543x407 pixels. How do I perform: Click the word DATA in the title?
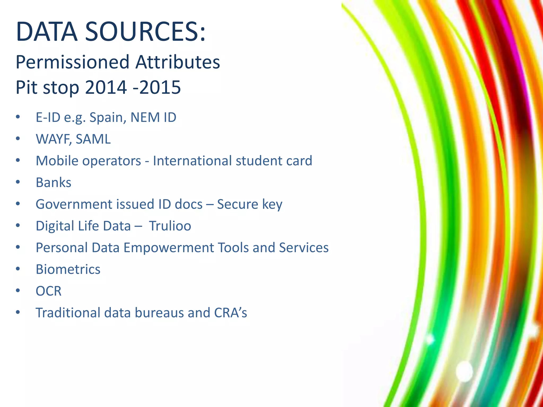(47, 32)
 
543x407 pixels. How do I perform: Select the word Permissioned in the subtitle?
(72, 63)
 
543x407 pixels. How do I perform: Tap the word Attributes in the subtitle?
(178, 62)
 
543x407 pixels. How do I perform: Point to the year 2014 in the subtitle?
(106, 87)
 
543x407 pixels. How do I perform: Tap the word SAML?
(93, 139)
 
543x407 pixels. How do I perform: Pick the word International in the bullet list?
(192, 161)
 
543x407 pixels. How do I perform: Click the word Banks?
(54, 183)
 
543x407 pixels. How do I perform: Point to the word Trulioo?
(170, 226)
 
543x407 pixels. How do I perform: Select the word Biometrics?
(68, 269)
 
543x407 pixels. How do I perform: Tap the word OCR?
(49, 291)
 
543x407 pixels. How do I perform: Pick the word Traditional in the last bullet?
(68, 313)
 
